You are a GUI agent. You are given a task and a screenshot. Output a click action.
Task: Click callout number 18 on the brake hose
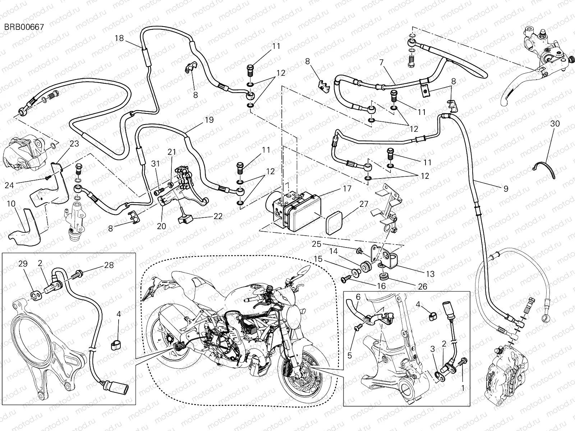[120, 38]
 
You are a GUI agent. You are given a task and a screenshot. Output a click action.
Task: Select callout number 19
[210, 120]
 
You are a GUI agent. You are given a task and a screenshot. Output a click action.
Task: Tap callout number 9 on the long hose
[506, 189]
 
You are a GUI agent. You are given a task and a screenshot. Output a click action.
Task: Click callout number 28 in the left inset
[109, 265]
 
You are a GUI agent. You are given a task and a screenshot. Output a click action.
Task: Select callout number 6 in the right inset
[358, 296]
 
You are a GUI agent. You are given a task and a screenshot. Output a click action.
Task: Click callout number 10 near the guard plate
[11, 204]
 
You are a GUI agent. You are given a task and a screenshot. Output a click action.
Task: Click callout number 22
[218, 217]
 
